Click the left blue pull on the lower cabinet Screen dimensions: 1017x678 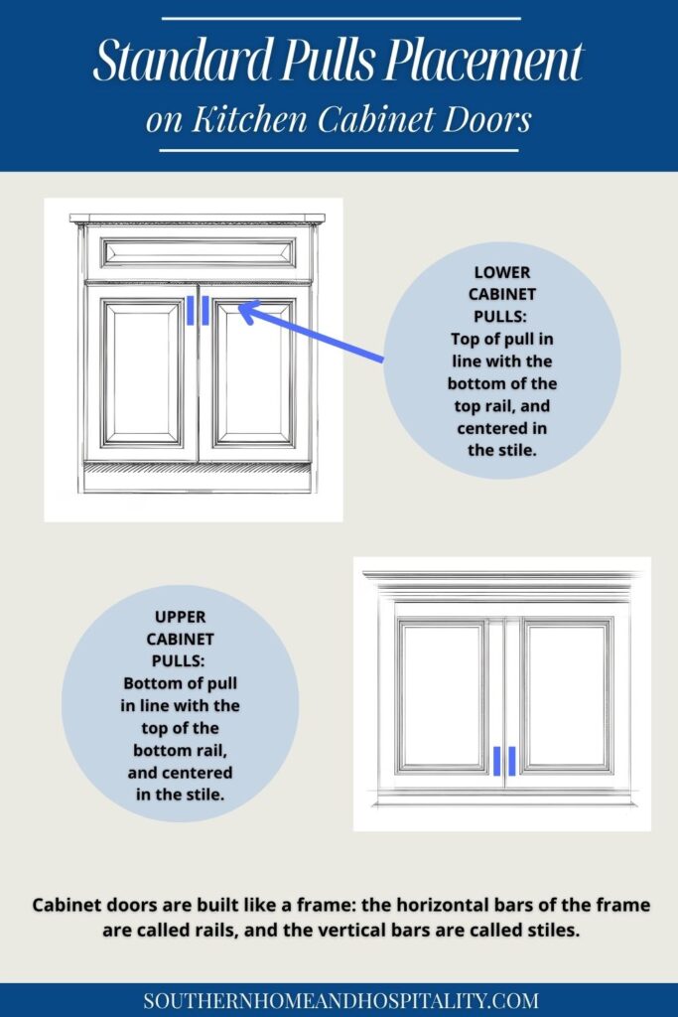[x=191, y=310]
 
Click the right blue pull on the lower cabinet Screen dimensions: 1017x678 [x=204, y=310]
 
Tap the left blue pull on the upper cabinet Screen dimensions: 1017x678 [x=497, y=761]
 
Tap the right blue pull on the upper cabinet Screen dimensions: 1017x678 [x=512, y=761]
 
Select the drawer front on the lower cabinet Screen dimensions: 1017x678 [x=198, y=252]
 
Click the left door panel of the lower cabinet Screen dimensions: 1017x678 [x=142, y=372]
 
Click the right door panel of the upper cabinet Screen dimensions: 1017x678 [x=567, y=695]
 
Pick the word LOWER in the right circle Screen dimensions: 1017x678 [x=502, y=272]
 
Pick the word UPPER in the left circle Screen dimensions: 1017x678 [x=180, y=617]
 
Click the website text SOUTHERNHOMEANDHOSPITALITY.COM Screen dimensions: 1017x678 [x=339, y=1000]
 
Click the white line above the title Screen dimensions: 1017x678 [x=339, y=18]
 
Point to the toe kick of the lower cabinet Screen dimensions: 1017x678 [x=198, y=479]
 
